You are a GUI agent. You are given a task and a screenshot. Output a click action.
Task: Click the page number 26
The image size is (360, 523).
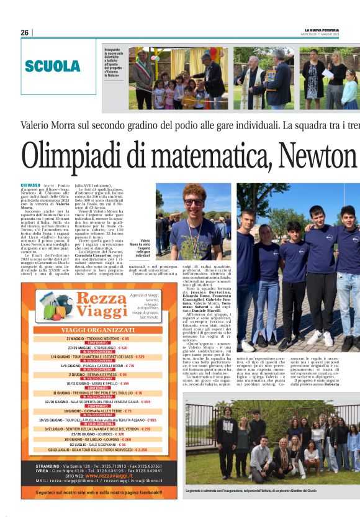tap(24, 32)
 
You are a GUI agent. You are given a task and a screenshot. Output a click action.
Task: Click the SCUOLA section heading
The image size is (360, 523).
tap(52, 66)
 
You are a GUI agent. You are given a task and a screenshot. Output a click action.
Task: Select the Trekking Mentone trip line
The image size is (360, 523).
tap(98, 339)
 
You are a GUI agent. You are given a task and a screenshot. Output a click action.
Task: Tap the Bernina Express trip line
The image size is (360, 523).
tap(98, 375)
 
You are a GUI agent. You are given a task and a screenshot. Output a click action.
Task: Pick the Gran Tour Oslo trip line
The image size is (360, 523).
tap(98, 450)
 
